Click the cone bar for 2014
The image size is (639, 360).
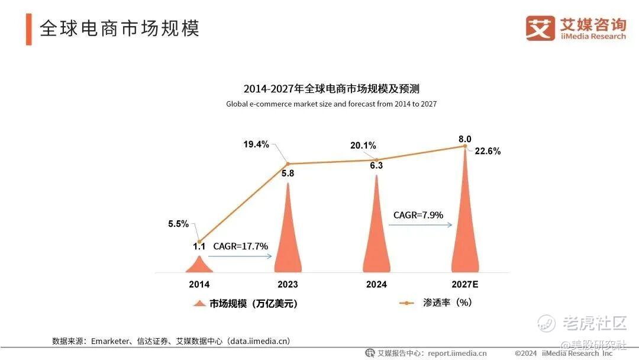199,265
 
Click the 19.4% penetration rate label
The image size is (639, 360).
256,144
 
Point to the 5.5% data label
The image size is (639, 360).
177,224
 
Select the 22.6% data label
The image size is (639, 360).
488,151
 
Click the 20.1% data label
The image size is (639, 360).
363,146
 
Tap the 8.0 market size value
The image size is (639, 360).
465,139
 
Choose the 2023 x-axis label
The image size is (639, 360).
288,284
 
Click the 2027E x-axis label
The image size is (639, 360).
465,284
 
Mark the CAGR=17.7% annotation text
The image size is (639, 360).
241,246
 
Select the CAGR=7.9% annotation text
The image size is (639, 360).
418,215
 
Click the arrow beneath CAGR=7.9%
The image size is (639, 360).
422,224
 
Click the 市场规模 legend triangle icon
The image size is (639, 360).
199,304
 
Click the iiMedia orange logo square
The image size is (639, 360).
540,28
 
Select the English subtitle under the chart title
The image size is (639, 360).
331,104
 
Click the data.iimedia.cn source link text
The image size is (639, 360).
259,341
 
